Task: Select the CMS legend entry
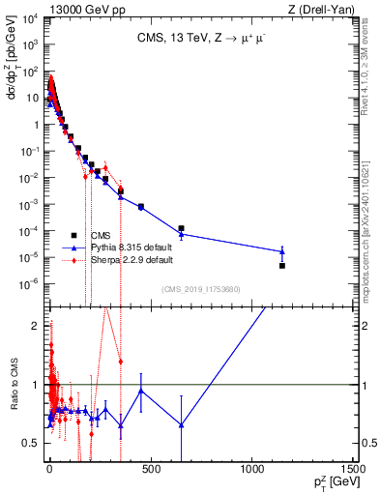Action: click(101, 235)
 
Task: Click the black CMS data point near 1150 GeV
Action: click(281, 265)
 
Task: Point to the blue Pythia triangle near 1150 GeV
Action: click(281, 251)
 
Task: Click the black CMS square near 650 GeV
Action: click(181, 228)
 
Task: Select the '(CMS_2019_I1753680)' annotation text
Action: click(200, 289)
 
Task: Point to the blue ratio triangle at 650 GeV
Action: click(181, 424)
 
